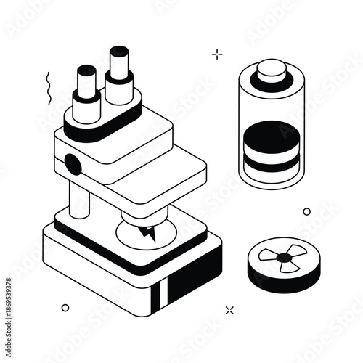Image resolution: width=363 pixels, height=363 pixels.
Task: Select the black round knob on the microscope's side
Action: tap(73, 164)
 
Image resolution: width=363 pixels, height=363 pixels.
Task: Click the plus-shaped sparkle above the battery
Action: tap(216, 53)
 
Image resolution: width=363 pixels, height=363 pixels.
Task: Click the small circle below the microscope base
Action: tap(65, 308)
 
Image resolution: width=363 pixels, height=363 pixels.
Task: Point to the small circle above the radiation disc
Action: tap(306, 211)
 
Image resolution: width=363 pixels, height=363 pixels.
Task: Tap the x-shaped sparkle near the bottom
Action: tap(230, 310)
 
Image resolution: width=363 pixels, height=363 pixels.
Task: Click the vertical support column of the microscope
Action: tap(80, 200)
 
